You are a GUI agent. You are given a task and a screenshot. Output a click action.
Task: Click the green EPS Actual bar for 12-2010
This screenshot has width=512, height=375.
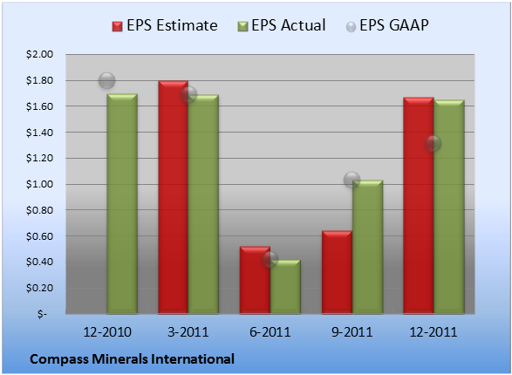coord(122,204)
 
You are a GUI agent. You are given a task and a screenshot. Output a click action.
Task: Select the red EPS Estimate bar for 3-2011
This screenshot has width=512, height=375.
coord(173,197)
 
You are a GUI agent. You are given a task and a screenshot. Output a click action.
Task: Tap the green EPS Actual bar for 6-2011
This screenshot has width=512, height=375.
coord(285,287)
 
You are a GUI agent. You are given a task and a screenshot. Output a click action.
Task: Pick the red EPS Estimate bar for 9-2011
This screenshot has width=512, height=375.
coord(337,272)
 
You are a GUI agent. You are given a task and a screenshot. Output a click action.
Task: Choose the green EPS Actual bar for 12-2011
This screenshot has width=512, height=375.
coord(449,207)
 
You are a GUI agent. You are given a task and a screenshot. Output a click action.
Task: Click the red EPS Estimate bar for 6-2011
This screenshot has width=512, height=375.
coord(255,280)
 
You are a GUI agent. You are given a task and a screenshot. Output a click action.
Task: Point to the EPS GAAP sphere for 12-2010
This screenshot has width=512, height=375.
coord(106,80)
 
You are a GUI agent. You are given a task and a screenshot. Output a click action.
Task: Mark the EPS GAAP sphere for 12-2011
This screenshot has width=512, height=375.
coord(433,143)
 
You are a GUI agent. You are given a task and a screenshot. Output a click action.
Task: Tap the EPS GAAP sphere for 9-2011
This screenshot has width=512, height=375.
coord(352,180)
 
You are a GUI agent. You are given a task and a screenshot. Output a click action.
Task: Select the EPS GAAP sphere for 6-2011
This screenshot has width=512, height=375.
coord(270,260)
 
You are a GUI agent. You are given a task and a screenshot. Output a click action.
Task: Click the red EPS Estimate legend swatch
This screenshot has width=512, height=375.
coord(117,26)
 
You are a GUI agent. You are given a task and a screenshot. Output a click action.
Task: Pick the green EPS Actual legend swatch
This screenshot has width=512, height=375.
coord(242,26)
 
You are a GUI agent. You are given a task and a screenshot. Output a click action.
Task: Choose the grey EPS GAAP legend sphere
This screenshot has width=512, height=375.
coord(351,27)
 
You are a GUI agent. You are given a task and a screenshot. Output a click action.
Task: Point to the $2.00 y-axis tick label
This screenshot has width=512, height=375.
coord(39,54)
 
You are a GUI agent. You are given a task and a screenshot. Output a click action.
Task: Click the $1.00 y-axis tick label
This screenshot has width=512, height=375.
coord(39,184)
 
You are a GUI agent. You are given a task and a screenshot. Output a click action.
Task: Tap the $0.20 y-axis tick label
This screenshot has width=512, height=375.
coord(39,288)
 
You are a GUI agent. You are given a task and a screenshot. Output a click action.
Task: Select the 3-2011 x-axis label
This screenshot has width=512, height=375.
coord(188,332)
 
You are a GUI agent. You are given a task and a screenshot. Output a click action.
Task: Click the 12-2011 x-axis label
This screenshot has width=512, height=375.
coord(433,332)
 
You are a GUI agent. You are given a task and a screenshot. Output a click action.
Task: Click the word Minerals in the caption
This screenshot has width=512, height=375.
coord(119,359)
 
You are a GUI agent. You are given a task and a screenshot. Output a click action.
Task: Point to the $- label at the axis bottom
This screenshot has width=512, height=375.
coord(42,314)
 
